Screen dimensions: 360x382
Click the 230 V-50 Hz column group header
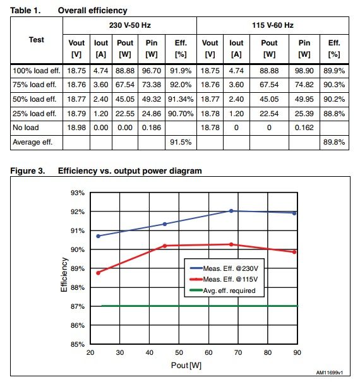pos(129,25)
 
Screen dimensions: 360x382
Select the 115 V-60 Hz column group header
pos(272,25)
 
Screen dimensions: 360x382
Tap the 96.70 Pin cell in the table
pos(152,71)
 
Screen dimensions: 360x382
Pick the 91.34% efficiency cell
pos(181,99)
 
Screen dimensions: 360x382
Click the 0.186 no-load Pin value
pos(152,128)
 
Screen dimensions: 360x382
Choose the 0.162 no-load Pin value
pos(304,128)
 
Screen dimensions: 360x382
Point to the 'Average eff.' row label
pos(32,142)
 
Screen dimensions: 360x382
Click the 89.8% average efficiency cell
pos(334,142)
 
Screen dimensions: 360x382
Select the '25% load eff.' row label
pos(34,114)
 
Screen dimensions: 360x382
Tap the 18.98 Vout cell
pos(76,128)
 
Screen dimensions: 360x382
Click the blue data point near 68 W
pos(231,211)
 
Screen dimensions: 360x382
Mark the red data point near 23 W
pos(99,273)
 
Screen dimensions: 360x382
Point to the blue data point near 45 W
pos(165,224)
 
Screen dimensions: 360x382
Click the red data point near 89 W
pos(294,252)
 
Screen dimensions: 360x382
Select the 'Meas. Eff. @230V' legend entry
pos(224,268)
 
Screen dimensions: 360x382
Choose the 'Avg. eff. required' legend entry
pos(222,290)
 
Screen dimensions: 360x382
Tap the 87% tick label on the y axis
pos(78,306)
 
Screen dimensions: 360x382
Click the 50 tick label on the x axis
pos(179,352)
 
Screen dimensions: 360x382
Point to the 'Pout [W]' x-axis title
pos(186,365)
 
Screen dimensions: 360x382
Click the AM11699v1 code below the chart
pos(330,373)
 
